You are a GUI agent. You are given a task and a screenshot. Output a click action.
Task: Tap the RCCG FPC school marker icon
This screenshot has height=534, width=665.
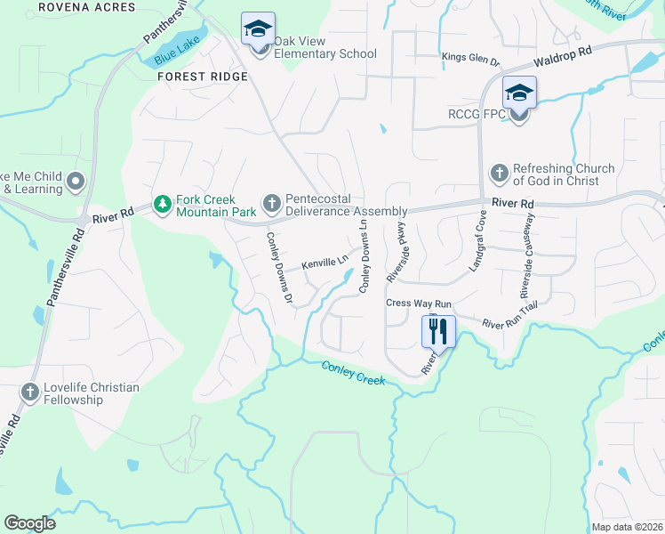pyautogui.click(x=519, y=93)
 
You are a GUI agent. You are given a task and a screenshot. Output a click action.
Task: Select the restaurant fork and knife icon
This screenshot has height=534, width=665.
pyautogui.click(x=437, y=332)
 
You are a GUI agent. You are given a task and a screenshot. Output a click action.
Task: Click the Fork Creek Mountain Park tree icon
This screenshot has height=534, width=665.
pyautogui.click(x=162, y=206)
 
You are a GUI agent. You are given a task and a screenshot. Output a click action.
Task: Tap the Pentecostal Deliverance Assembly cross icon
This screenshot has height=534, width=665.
pyautogui.click(x=271, y=206)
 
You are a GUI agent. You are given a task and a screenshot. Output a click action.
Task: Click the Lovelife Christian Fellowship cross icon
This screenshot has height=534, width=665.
pyautogui.click(x=30, y=392)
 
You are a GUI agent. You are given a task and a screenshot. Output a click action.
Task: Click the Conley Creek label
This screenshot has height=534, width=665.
pyautogui.click(x=353, y=373)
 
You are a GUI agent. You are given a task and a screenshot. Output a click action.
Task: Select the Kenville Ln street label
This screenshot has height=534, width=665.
pyautogui.click(x=324, y=263)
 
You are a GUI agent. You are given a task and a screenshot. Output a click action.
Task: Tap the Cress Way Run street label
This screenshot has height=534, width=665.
pyautogui.click(x=412, y=303)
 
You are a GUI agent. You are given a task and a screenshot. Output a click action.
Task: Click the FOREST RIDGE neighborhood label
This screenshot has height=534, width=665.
pyautogui.click(x=202, y=77)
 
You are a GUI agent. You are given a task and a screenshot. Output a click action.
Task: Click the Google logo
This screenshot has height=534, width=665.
pyautogui.click(x=29, y=523)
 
